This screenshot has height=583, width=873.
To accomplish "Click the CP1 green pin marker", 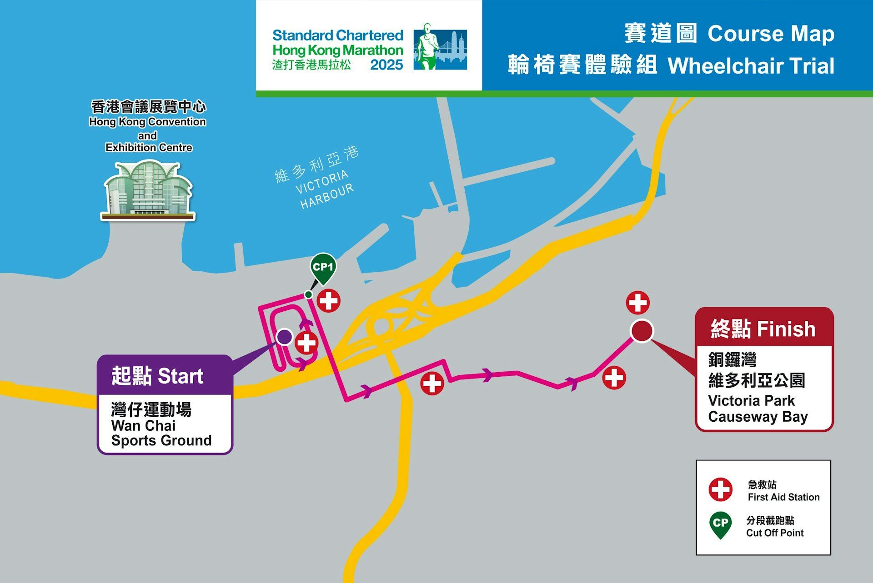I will tap(323, 268).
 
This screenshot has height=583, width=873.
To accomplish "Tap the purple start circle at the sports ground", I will tap(285, 337).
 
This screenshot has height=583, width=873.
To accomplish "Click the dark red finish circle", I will tap(642, 331).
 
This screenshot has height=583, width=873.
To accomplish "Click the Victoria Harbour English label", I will tap(324, 189).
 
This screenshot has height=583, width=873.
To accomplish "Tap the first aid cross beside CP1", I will tap(328, 301).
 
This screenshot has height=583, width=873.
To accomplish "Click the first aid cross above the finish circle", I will tap(637, 303).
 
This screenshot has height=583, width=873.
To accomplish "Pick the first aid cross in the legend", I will tap(720, 489).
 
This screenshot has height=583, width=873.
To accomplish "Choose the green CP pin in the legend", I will tap(720, 524).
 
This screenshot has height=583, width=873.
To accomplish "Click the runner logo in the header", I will tap(440, 47).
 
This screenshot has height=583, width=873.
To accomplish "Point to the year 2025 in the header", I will tap(386, 65).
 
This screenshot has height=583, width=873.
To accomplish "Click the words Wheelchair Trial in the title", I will tap(751, 66).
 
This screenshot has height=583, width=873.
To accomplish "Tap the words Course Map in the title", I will tap(771, 34).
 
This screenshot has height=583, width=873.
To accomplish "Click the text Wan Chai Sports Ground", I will tap(161, 433).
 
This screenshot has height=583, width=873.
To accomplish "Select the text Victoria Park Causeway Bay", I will tap(758, 409).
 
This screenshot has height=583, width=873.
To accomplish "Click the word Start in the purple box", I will tap(180, 376).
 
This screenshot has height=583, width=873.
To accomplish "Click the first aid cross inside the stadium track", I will tap(306, 343).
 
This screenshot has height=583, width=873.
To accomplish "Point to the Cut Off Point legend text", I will tap(774, 533).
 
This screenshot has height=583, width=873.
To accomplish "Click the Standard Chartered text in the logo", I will tap(337, 35).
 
